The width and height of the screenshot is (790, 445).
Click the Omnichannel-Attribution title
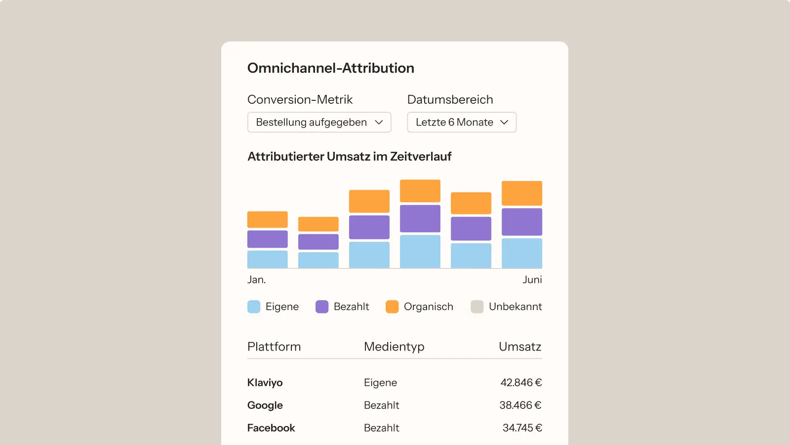pos(330,68)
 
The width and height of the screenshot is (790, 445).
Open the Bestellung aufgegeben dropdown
pos(319,122)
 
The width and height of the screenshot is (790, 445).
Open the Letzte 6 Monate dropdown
pos(462,122)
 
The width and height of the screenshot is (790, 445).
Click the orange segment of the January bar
pos(267,220)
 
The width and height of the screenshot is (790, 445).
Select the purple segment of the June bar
pos(521,222)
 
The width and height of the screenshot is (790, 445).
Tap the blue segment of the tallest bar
pos(420,251)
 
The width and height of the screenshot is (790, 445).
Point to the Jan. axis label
pos(256,280)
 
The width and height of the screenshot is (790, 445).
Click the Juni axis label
pos(532,280)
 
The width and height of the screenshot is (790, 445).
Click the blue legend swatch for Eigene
pos(254,307)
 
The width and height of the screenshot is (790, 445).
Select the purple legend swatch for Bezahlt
pos(322,307)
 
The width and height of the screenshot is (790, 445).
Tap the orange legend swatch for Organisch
pos(392,307)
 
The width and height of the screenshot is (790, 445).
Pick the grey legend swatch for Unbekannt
pos(477,307)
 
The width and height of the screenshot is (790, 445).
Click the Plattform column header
pos(274,347)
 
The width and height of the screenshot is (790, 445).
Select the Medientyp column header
pos(394,347)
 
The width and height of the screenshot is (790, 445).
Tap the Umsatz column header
pos(520,347)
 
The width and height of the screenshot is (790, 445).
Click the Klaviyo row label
pos(265,383)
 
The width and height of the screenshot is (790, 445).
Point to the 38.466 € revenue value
pos(520,405)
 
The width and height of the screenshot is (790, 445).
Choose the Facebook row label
pos(271,428)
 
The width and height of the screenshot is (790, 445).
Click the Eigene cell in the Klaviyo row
pos(380,383)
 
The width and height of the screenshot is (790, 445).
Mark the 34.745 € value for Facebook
pos(522,428)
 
